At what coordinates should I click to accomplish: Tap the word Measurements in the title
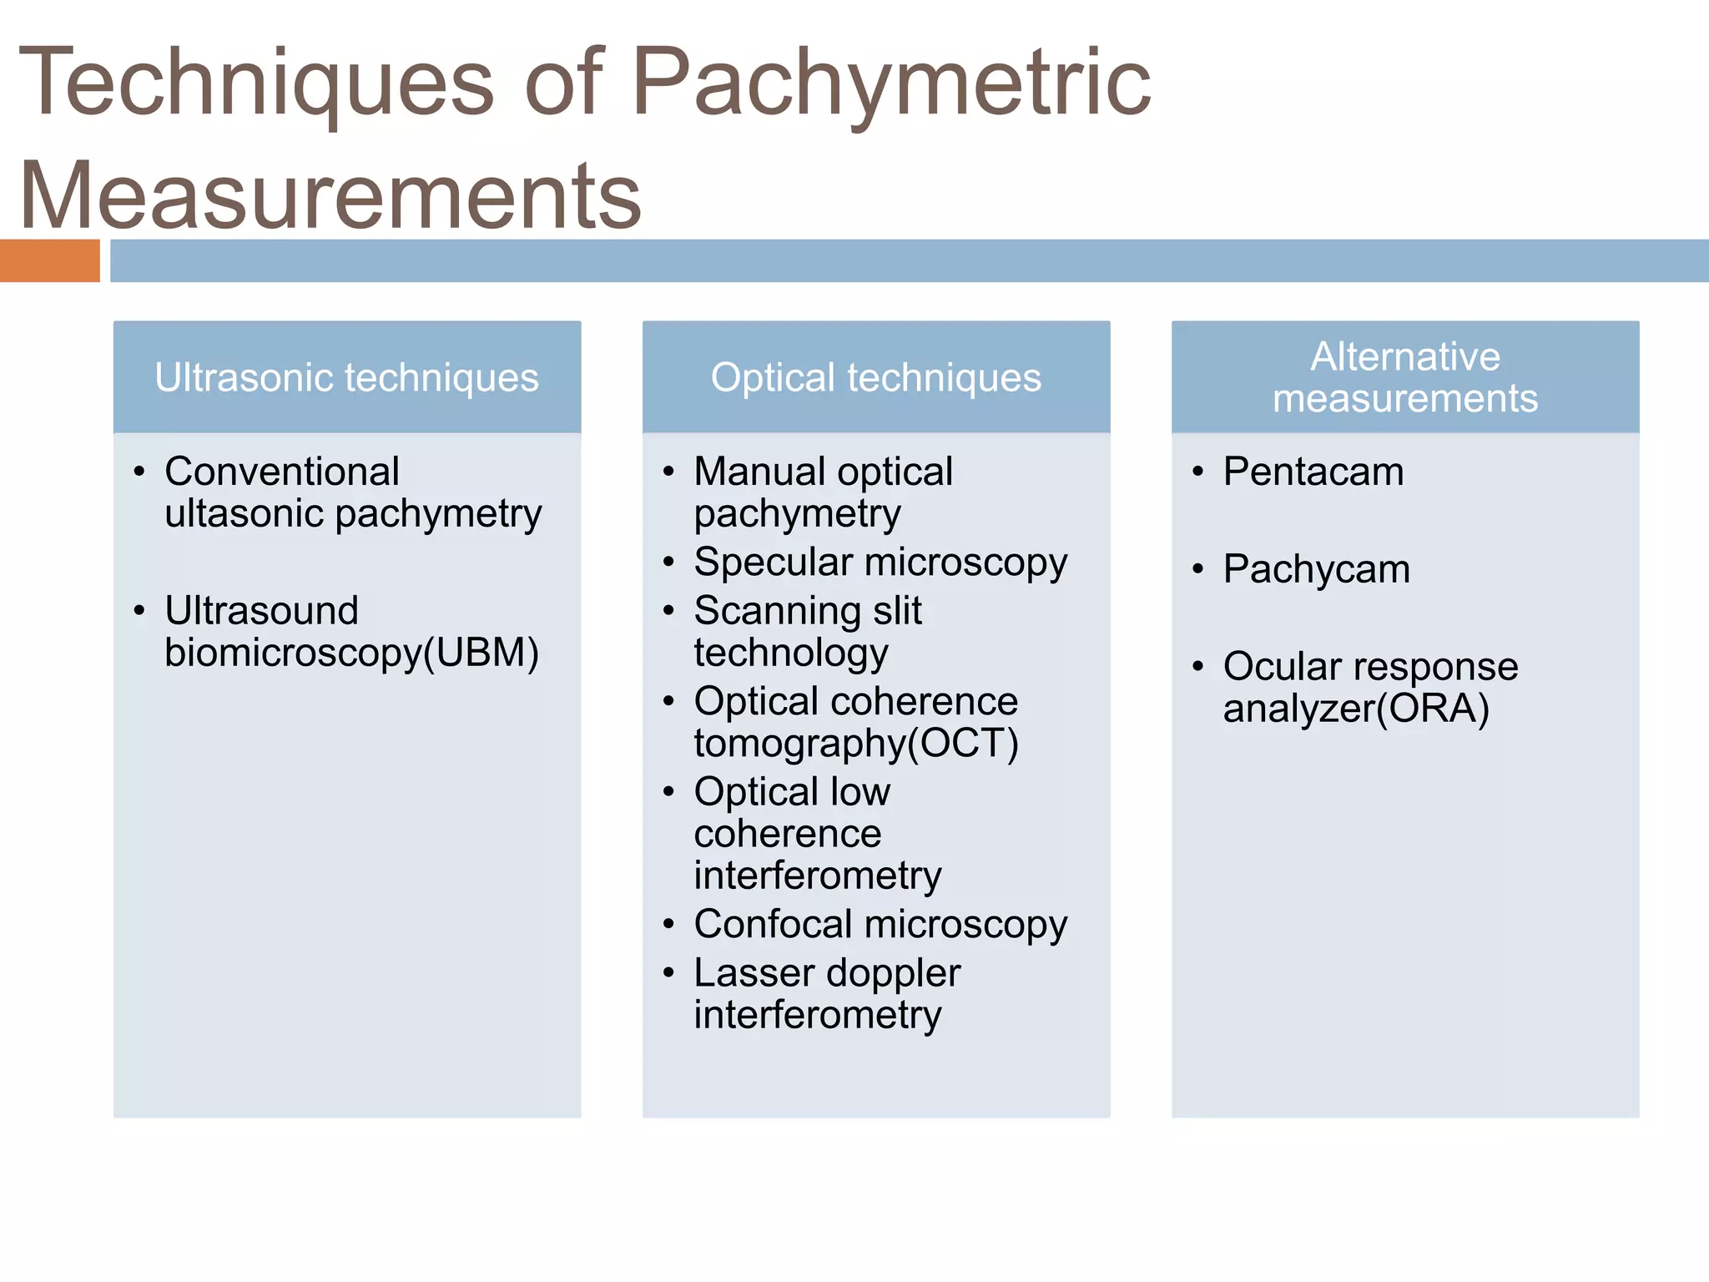tap(330, 195)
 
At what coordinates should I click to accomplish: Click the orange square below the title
tap(49, 260)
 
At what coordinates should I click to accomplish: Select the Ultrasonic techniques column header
tap(347, 377)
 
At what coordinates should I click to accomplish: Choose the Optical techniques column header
tap(876, 377)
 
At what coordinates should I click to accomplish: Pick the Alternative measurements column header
tap(1405, 377)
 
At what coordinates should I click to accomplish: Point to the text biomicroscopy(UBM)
tap(351, 653)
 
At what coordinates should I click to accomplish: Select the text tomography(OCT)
tap(856, 743)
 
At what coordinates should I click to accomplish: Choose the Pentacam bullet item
tap(1313, 472)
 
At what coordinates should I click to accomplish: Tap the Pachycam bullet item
tap(1316, 569)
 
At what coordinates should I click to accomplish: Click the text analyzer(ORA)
tap(1356, 709)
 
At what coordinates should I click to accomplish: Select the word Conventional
tap(282, 472)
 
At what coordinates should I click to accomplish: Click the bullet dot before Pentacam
tap(1198, 472)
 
